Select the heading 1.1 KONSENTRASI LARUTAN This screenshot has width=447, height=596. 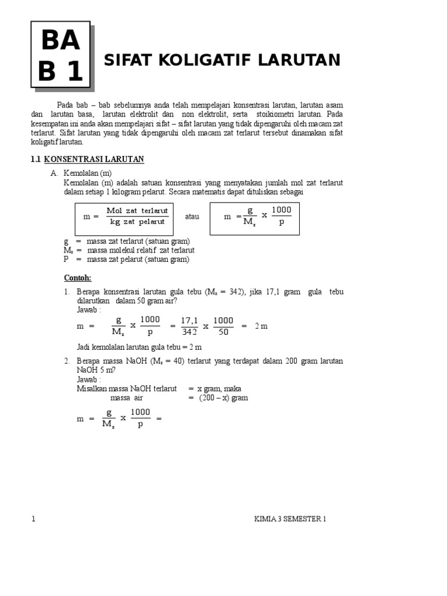click(x=87, y=159)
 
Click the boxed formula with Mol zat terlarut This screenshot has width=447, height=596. click(x=125, y=216)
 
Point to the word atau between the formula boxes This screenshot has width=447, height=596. click(x=192, y=217)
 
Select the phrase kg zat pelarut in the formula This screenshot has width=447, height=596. click(x=137, y=222)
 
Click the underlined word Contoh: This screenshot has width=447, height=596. click(x=77, y=278)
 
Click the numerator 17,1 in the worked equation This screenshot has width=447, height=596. click(x=189, y=320)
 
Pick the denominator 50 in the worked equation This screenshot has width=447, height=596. click(x=223, y=332)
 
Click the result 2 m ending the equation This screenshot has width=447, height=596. click(x=261, y=326)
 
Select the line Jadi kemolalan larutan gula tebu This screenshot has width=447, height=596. click(x=139, y=347)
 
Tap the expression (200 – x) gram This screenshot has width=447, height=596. click(x=223, y=398)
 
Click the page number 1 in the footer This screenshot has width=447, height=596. click(x=34, y=519)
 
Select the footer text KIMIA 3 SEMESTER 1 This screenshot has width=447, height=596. click(x=290, y=519)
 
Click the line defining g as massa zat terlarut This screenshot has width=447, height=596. click(x=127, y=241)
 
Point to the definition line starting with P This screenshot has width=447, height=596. click(x=126, y=260)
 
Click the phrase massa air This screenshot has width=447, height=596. click(x=126, y=398)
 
